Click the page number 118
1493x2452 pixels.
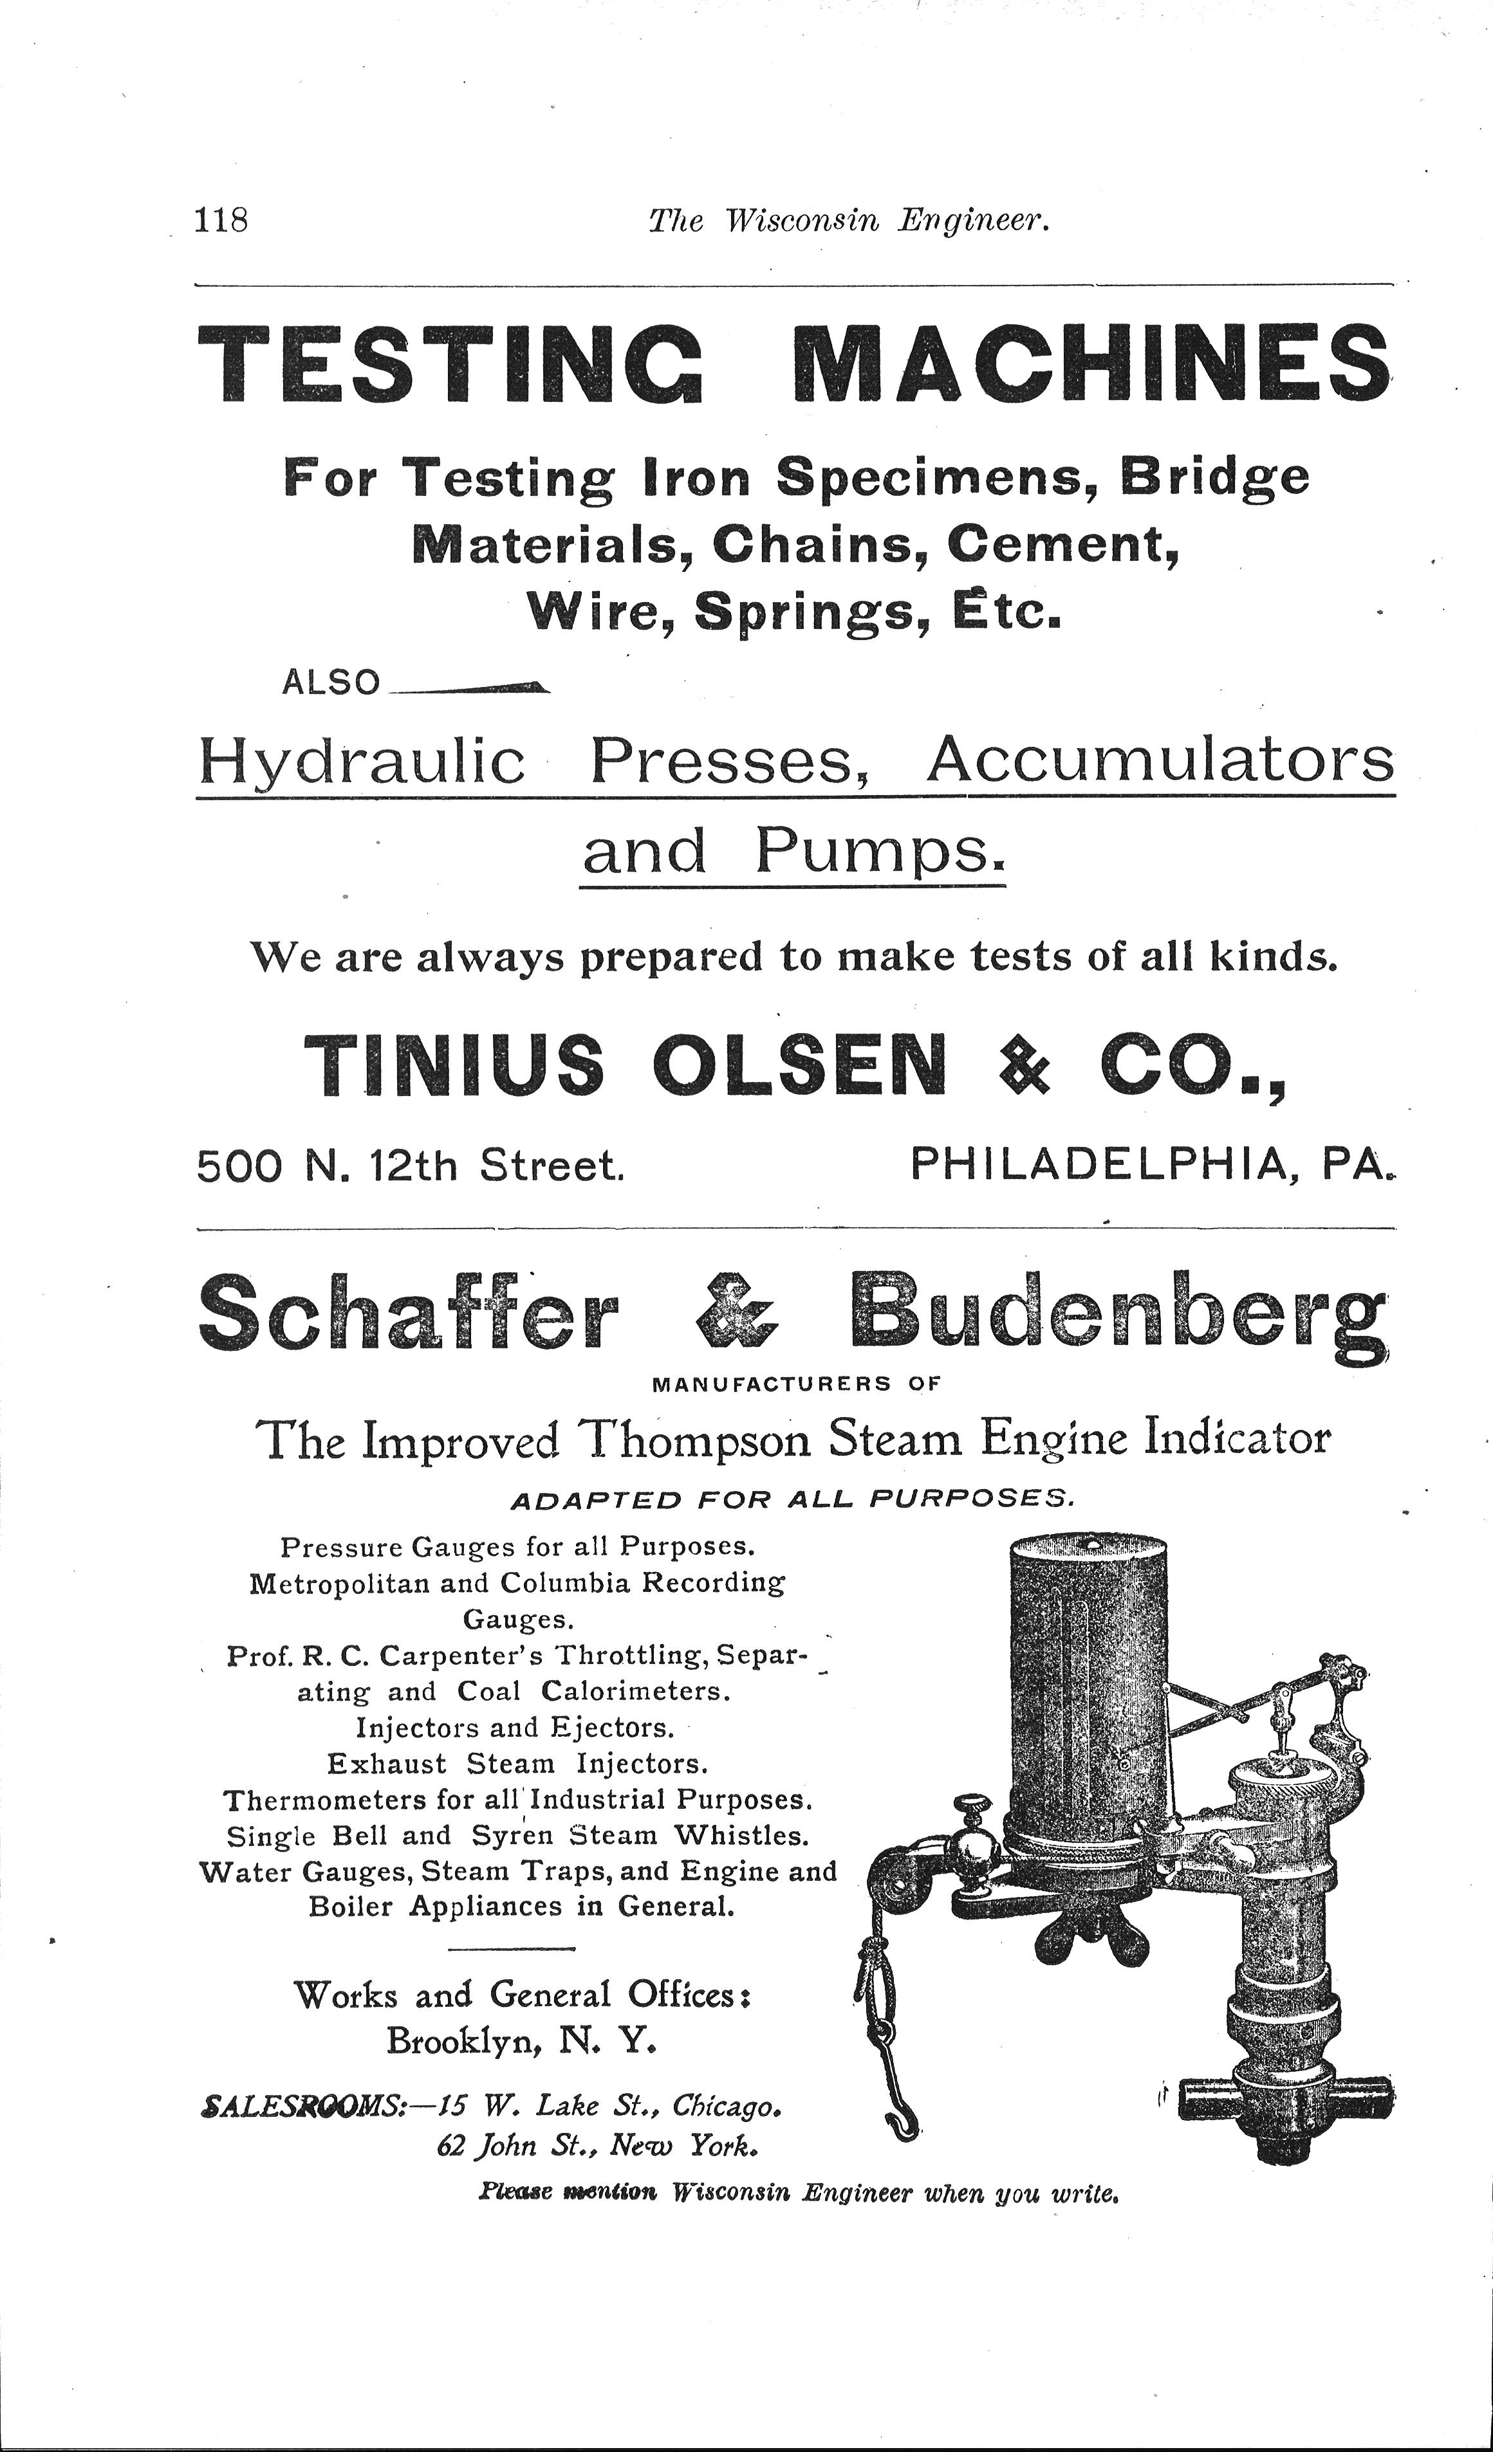(222, 218)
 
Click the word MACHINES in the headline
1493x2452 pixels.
(1093, 364)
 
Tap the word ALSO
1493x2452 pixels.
(331, 682)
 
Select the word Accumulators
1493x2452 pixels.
(1160, 762)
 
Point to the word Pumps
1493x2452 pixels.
(881, 852)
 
